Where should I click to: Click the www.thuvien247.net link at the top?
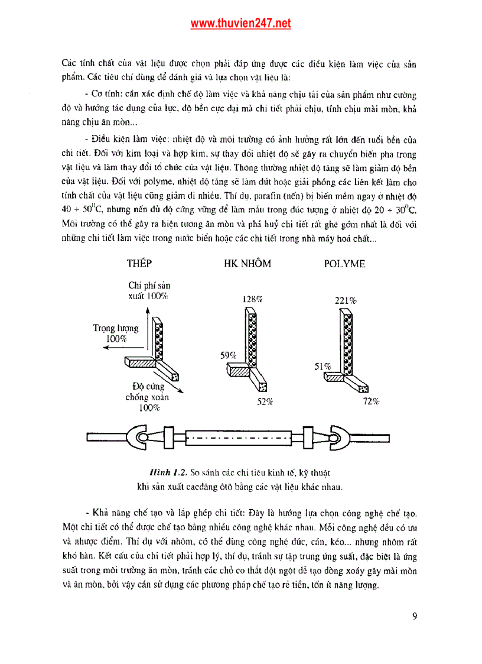(240, 24)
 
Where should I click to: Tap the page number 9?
(415, 616)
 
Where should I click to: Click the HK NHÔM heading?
(247, 264)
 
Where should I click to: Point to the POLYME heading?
(344, 264)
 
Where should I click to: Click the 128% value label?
(252, 299)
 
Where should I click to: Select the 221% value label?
(346, 300)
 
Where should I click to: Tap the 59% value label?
(229, 355)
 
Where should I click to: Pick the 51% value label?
(323, 367)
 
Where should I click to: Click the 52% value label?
(265, 401)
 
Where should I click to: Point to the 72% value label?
(371, 401)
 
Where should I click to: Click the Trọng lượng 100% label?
(116, 333)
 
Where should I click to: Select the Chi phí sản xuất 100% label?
(148, 290)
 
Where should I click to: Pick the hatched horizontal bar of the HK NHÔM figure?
(239, 371)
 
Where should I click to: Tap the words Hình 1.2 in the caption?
(168, 473)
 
